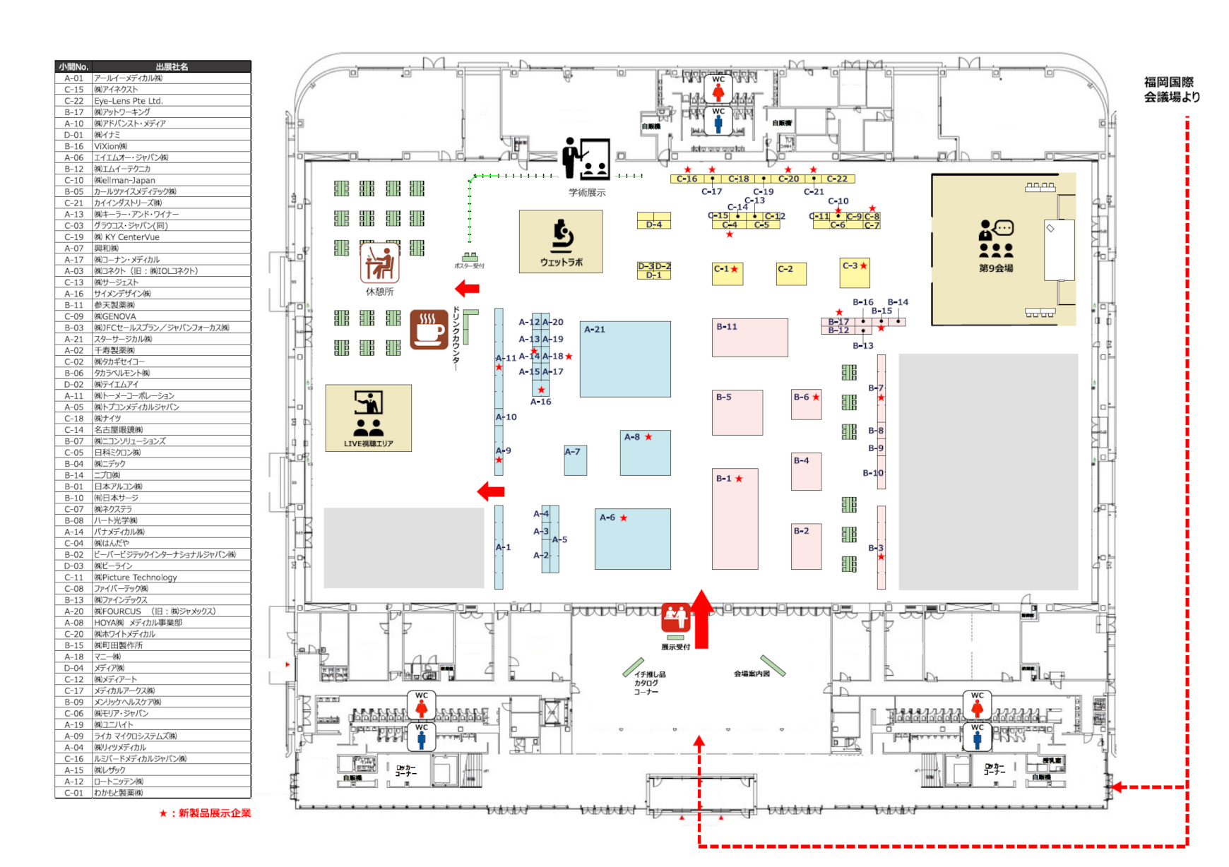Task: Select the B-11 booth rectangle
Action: point(750,337)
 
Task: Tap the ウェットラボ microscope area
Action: point(561,241)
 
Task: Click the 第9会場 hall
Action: point(996,249)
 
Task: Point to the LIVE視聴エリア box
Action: point(368,418)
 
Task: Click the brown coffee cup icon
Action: point(429,330)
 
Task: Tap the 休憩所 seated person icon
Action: point(380,263)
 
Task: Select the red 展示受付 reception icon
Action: point(675,618)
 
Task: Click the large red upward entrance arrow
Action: point(701,619)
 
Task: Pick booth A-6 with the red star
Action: point(633,539)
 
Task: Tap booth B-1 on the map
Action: point(735,519)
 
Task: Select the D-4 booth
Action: point(654,221)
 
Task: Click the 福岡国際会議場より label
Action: point(1172,90)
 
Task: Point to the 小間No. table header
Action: point(73,66)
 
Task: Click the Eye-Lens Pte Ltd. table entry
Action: point(129,101)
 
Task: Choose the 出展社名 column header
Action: point(172,66)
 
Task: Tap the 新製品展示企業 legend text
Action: point(209,813)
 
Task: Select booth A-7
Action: point(575,460)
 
